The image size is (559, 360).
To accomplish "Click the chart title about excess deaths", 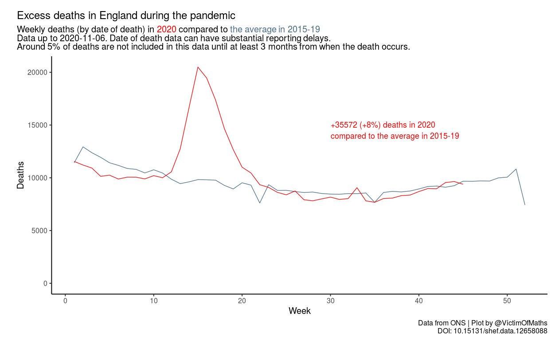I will tap(126, 16).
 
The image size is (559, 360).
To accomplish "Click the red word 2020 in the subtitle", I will tap(166, 30).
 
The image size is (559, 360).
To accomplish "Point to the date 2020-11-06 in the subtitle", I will tap(83, 38).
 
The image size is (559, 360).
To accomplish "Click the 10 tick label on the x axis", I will tap(153, 301).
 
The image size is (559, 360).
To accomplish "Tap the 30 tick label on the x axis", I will tap(330, 301).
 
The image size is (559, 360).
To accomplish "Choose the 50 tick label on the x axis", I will tap(507, 301).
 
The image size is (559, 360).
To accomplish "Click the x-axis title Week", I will tap(299, 311).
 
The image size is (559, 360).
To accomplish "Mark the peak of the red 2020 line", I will tap(198, 67).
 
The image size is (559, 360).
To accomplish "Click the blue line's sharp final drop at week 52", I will tap(524, 204).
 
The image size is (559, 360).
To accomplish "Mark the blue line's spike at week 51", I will tap(516, 169).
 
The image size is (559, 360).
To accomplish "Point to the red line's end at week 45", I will tap(463, 184).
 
